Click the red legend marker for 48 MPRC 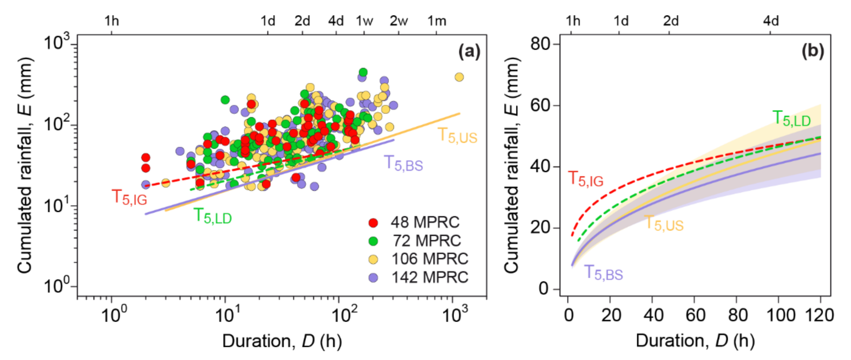(x=373, y=223)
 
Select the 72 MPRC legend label (x=426, y=241)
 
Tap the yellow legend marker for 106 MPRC (x=373, y=259)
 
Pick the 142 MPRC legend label (x=430, y=277)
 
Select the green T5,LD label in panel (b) (x=791, y=119)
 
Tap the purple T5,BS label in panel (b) (x=603, y=273)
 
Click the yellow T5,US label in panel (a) (x=458, y=135)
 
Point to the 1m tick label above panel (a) (x=437, y=21)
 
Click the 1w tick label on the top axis (x=364, y=21)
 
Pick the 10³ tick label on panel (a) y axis (x=57, y=42)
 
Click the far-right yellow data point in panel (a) (x=459, y=77)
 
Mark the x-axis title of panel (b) (x=695, y=341)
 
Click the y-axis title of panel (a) (x=25, y=166)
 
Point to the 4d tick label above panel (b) (x=771, y=21)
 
